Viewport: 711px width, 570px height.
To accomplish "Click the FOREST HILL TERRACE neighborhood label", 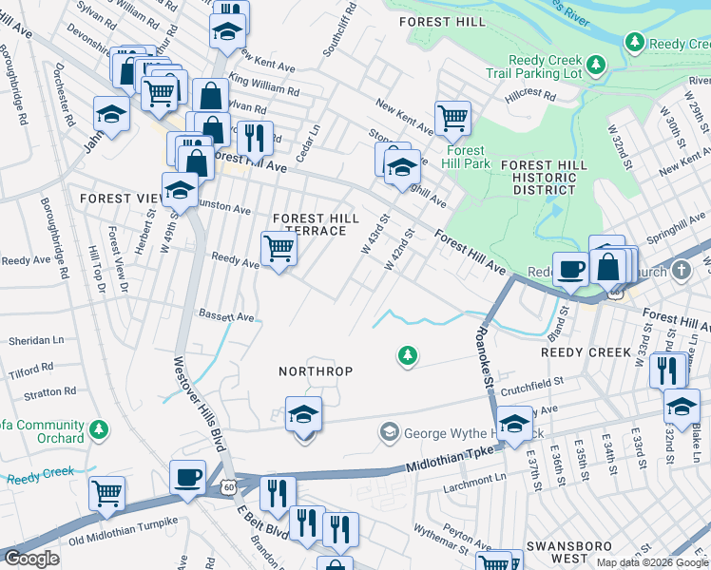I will click(x=316, y=224).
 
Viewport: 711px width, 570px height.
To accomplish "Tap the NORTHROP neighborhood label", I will click(x=315, y=370).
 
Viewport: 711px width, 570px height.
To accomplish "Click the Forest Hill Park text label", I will click(x=466, y=157).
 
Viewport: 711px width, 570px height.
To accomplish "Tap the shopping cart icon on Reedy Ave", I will click(x=279, y=249).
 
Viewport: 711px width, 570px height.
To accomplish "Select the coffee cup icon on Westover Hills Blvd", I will click(x=188, y=476).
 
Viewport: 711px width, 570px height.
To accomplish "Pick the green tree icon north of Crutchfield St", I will click(x=407, y=355).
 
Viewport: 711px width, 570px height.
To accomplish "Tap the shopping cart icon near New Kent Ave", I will click(x=453, y=118).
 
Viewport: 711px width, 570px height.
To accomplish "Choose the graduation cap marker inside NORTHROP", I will click(x=303, y=414).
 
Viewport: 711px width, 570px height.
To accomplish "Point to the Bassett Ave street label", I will click(x=225, y=315).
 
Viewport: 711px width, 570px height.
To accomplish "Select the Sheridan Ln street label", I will click(x=36, y=340).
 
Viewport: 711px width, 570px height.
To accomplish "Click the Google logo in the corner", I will click(x=31, y=559).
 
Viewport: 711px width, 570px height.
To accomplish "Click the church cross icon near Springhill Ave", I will click(x=681, y=272).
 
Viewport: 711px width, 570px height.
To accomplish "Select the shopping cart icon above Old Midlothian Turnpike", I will click(x=107, y=493).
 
